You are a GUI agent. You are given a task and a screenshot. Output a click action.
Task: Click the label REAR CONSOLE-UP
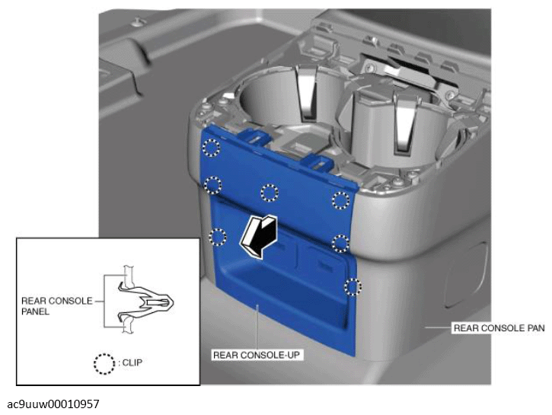coord(257,355)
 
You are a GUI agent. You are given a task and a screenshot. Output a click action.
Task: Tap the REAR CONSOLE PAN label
coord(499,328)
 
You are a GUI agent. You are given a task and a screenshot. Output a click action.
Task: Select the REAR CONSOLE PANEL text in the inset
coord(57,306)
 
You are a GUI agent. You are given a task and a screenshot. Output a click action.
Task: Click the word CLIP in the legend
coord(132,362)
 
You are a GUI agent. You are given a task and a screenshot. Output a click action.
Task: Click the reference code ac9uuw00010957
coord(53,404)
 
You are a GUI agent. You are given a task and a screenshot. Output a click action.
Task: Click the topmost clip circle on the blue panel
coord(211,147)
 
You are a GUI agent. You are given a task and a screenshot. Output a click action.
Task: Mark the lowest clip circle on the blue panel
coord(353,287)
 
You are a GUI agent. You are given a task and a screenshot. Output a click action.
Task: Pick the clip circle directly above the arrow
coord(270,193)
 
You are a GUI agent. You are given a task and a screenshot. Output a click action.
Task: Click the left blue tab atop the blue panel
coord(255,136)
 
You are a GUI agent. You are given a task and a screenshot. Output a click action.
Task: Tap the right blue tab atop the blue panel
coord(317,163)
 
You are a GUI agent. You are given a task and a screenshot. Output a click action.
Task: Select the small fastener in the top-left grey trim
coord(139,23)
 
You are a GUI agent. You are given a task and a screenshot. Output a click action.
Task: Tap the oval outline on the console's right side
coord(465,276)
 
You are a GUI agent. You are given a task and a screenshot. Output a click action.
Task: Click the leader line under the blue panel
coord(258,327)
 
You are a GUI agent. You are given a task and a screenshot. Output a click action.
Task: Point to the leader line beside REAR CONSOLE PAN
coord(439,327)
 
